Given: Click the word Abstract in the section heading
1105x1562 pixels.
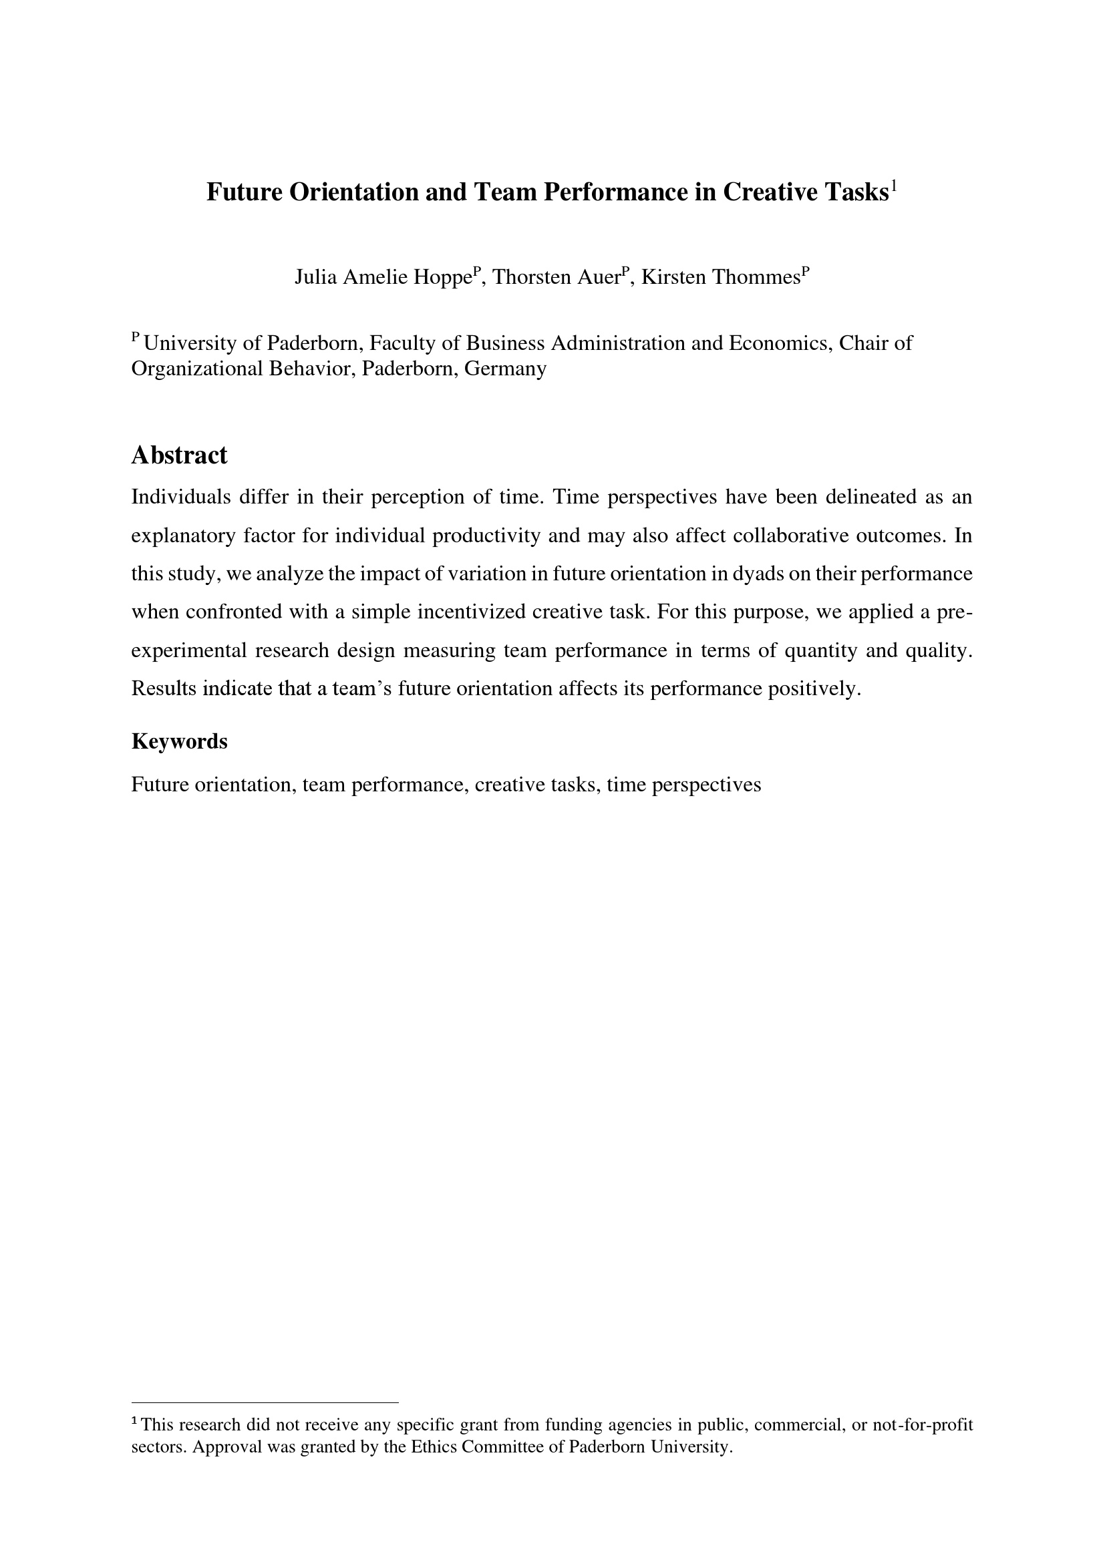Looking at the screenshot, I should (x=179, y=455).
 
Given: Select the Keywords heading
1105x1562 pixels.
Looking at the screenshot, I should (x=179, y=741).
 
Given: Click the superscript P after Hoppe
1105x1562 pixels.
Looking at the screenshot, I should (x=478, y=270).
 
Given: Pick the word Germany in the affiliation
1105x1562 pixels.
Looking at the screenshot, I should (x=506, y=369).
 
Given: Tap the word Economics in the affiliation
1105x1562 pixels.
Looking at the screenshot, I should (x=780, y=343).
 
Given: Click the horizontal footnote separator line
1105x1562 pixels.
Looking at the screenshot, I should (x=265, y=1402).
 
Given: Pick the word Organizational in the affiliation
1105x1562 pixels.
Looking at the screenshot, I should (x=196, y=369).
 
